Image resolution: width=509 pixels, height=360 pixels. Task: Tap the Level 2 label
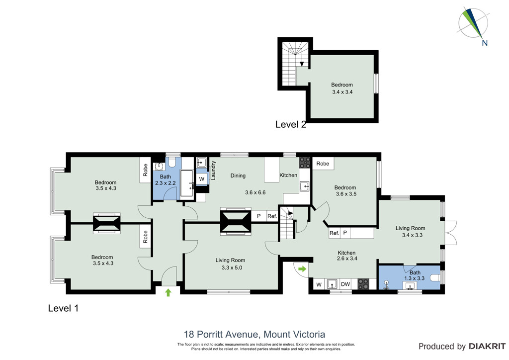[290, 124]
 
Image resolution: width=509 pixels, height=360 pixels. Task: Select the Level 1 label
[63, 308]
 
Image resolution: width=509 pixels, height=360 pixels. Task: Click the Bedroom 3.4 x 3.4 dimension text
[342, 92]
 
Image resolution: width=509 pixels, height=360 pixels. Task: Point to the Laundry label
[213, 171]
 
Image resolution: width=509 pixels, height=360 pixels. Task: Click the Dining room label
[238, 176]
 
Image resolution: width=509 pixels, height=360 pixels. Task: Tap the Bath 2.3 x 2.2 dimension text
[165, 183]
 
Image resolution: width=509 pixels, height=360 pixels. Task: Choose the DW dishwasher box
[345, 284]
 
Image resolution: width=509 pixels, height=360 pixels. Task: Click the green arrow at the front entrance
[168, 292]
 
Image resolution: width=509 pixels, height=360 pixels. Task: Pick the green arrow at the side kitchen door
[302, 269]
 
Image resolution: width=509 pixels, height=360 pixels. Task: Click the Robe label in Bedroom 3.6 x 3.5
[323, 164]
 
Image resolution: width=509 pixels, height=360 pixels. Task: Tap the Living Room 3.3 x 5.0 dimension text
[232, 268]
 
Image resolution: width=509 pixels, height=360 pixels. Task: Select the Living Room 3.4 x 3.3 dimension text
[412, 235]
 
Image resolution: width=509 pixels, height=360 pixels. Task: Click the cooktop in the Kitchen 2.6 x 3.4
[363, 284]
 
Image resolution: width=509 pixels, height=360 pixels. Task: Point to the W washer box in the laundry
[202, 179]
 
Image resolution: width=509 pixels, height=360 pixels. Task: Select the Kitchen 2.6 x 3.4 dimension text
[347, 259]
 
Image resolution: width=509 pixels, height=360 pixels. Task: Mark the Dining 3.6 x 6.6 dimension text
[255, 192]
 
